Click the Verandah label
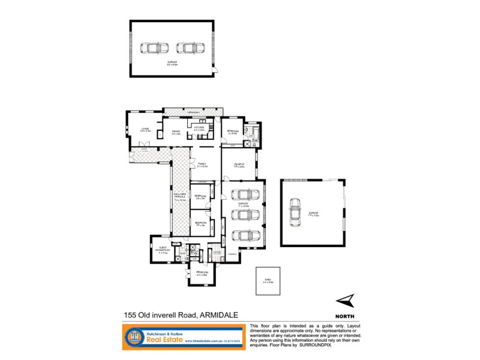pos(192,112)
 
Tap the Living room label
pos(145,129)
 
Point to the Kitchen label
pos(200,127)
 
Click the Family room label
pos(202,165)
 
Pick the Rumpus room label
pos(239,166)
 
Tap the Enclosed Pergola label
pos(180,196)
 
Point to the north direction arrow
pos(344,301)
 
